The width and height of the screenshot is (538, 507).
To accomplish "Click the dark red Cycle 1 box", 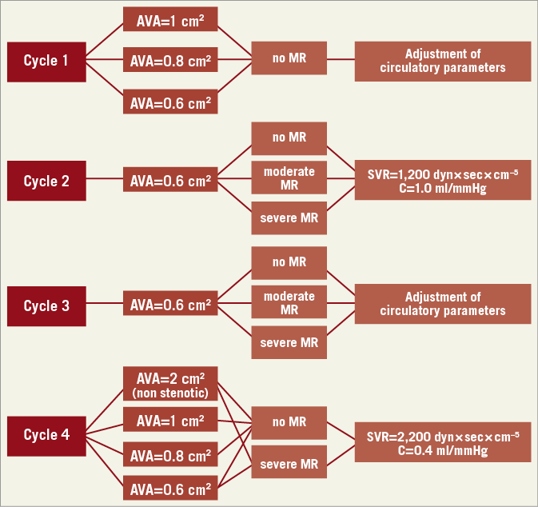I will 46,60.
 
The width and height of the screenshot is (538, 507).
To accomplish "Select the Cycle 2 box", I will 46,181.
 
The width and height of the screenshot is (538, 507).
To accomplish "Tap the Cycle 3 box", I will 46,305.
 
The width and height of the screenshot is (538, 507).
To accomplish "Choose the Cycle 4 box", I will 46,435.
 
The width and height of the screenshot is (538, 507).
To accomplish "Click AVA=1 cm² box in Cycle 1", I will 170,19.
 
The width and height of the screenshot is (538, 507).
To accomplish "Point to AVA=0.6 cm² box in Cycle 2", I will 170,181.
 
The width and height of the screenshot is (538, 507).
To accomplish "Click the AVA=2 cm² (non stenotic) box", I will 170,383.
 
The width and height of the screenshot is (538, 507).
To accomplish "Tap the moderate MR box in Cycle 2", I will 289,178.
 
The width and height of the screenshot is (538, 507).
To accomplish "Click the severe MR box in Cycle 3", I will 289,342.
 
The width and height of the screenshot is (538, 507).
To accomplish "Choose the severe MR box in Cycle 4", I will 289,464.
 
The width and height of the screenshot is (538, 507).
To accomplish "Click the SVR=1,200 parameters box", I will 443,180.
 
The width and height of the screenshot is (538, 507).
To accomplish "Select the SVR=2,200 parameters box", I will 443,442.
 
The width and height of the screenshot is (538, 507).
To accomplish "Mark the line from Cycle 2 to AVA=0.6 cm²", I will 104,181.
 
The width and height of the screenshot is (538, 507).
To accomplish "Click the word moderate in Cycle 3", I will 289,296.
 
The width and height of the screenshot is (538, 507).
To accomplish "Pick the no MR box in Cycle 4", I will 289,423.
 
